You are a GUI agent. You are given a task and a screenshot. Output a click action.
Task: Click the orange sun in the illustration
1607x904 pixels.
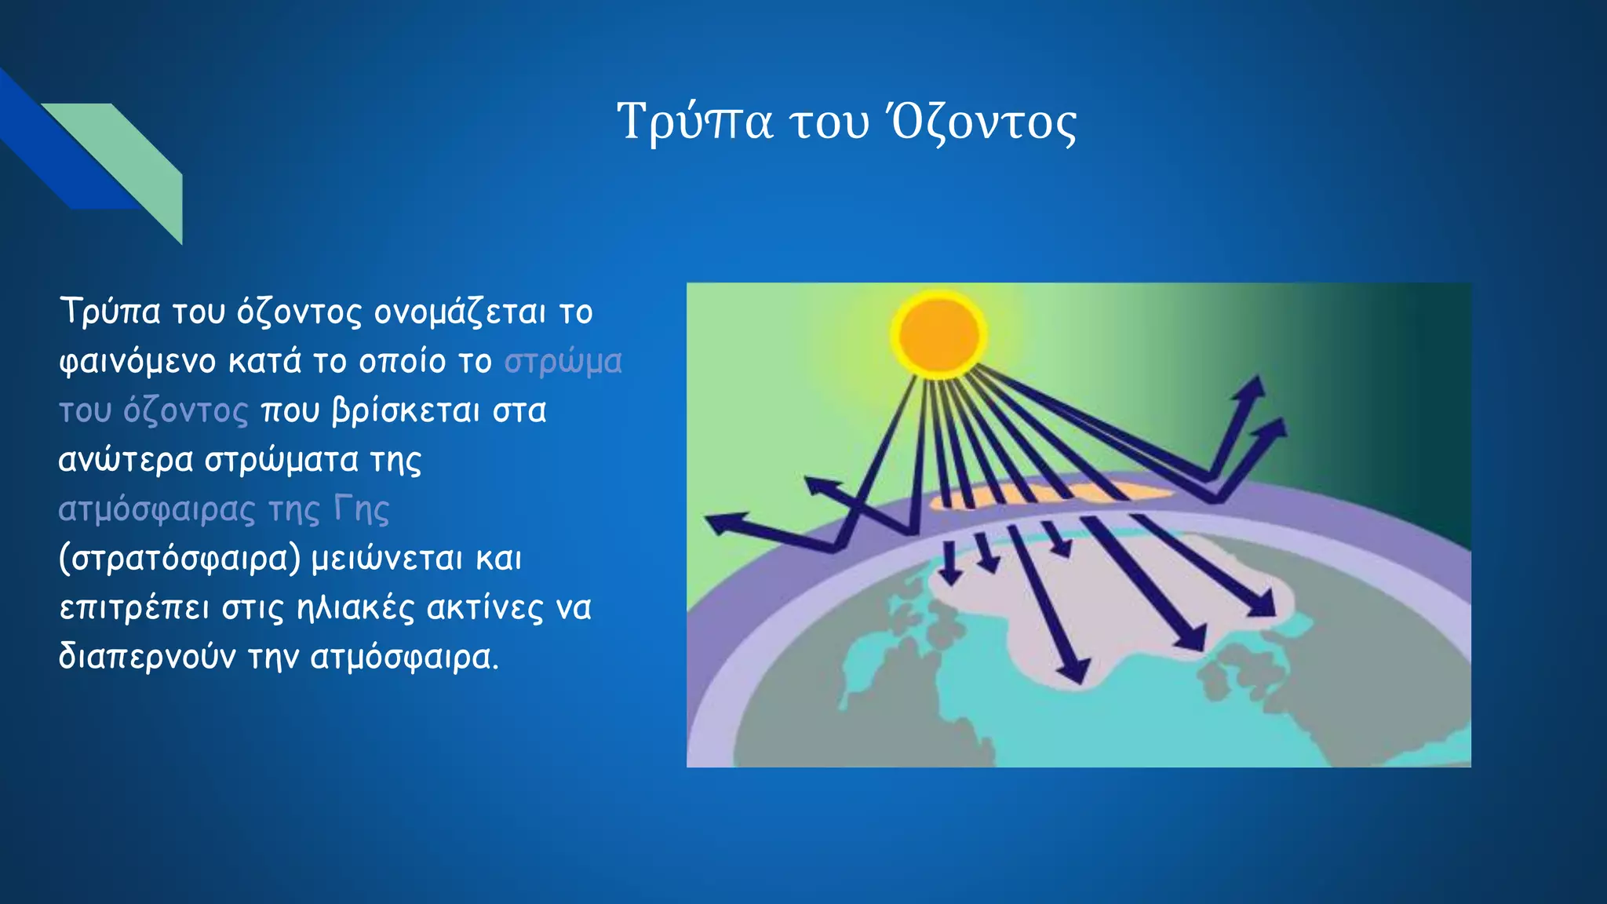[939, 333]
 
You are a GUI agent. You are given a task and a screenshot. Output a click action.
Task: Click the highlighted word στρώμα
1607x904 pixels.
[563, 362]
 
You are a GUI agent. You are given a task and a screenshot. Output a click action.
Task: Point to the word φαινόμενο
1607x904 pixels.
[137, 363]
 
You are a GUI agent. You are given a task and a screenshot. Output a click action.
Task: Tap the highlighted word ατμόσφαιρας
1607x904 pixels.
[157, 510]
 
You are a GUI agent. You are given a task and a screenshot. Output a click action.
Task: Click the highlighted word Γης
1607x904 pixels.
[361, 510]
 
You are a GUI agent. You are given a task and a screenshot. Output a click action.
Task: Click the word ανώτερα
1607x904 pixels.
[126, 461]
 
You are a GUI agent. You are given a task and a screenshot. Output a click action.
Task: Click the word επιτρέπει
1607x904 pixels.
[134, 608]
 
